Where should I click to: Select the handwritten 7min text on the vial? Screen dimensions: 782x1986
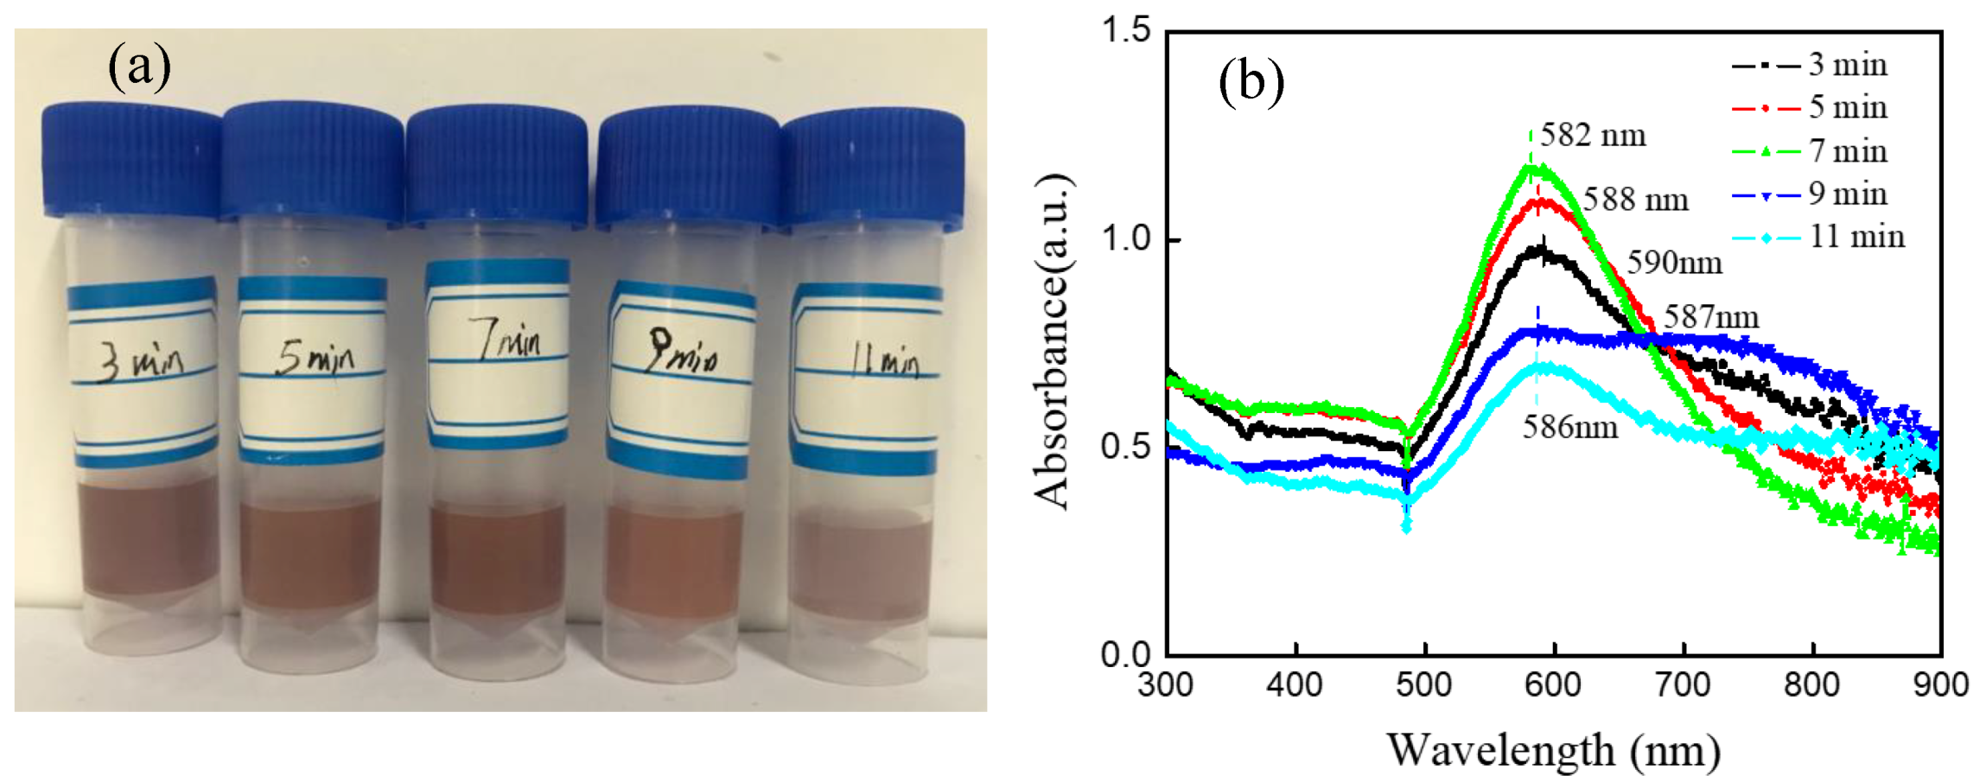(x=510, y=340)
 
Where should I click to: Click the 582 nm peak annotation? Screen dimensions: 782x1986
(x=1593, y=135)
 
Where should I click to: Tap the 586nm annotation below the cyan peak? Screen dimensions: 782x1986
(x=1569, y=427)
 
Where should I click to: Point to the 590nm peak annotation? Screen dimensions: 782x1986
(x=1674, y=263)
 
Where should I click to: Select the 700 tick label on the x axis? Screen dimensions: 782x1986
(x=1684, y=685)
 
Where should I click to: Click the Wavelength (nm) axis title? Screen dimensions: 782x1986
(x=1553, y=749)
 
